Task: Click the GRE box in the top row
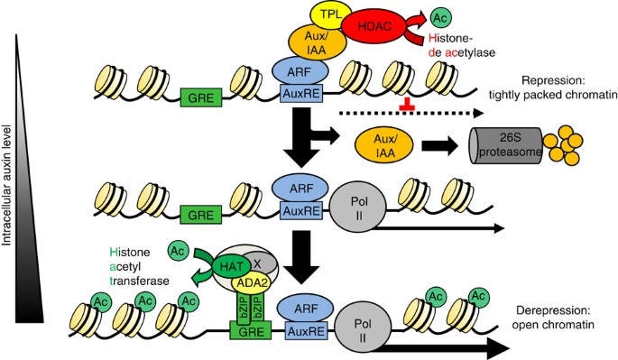tap(201, 97)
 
